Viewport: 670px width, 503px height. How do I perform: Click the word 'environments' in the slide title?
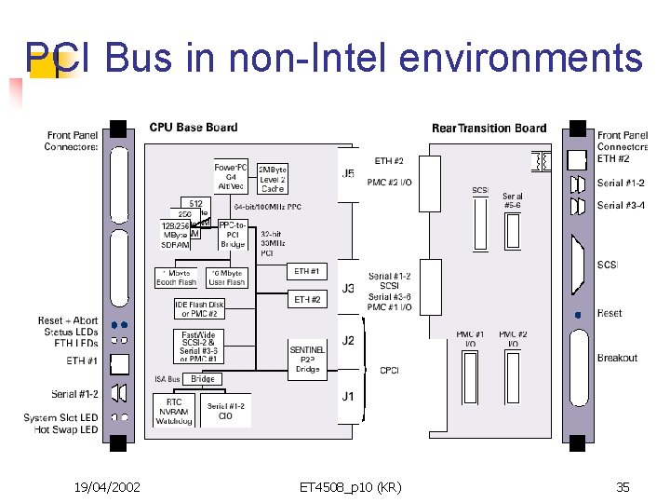tap(521, 58)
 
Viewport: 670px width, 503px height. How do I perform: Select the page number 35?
tap(623, 486)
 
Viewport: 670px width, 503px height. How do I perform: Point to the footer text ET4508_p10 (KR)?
tap(350, 486)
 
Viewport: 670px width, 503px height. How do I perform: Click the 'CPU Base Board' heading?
tap(193, 128)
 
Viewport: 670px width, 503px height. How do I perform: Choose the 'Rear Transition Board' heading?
tap(489, 128)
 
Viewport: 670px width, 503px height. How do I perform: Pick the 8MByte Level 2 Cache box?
tap(273, 179)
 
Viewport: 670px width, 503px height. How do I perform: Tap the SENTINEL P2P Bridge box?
tap(307, 360)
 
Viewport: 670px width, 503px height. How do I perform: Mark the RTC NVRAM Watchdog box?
tap(174, 411)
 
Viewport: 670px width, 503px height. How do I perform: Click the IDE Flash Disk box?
tap(199, 308)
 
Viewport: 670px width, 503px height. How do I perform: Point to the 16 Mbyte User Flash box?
tap(226, 278)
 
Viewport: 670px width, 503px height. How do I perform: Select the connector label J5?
tap(348, 174)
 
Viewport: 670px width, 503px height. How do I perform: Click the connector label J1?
tap(348, 396)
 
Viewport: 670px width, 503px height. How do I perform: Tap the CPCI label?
tap(389, 370)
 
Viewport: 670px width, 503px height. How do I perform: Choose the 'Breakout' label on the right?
tap(617, 358)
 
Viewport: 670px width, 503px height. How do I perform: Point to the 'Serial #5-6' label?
tap(512, 201)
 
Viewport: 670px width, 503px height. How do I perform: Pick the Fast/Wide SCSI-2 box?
tap(199, 347)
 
